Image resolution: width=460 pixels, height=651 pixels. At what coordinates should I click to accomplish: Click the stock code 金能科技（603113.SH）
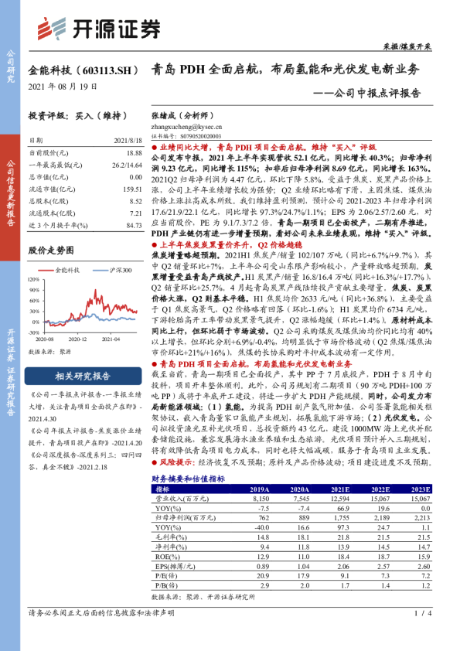(80, 70)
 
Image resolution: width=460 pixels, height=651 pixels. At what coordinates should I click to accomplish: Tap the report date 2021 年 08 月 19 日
(63, 86)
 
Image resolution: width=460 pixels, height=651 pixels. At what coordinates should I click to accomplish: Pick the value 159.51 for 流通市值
(132, 188)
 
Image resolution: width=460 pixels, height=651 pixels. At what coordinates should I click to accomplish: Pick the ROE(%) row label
(165, 557)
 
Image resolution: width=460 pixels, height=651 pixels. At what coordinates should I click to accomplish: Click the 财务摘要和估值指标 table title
(188, 479)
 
